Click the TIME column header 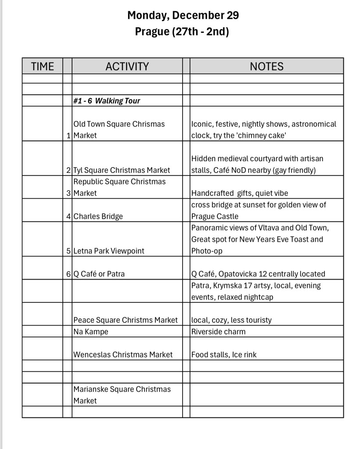click(42, 66)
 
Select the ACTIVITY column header click(127, 66)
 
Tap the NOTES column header click(266, 66)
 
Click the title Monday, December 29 click(183, 15)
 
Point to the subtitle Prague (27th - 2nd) click(182, 32)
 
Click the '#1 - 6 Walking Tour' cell click(107, 101)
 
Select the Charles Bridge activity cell click(98, 216)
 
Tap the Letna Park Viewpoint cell click(109, 251)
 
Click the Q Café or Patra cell click(99, 274)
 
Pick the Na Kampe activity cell click(91, 331)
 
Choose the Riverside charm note click(218, 331)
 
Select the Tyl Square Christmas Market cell click(122, 170)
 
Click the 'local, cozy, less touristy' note click(231, 320)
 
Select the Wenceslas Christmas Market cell click(123, 355)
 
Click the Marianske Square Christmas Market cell click(122, 395)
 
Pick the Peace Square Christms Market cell click(126, 320)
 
